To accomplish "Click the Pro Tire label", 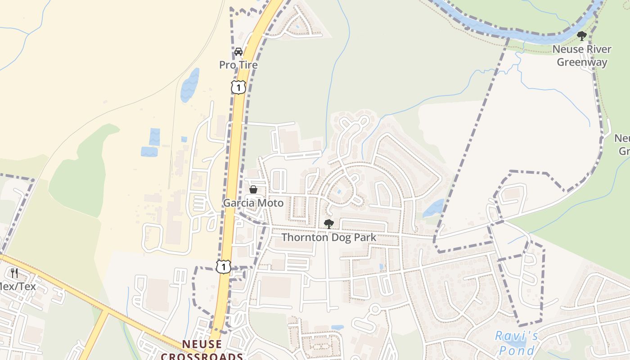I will click(238, 65).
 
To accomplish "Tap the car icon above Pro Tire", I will click(238, 52).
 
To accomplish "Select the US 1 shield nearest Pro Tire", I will click(238, 87).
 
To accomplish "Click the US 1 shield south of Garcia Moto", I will click(223, 266).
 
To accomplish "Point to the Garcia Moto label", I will click(253, 203).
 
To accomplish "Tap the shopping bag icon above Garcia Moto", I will click(253, 189).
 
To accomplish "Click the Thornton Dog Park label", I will click(328, 237).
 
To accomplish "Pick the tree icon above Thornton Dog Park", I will click(329, 224).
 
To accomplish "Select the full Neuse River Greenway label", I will click(582, 56).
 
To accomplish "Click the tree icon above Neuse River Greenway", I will click(582, 36).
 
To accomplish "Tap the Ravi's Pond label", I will click(516, 343).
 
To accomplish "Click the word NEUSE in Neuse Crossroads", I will click(202, 344).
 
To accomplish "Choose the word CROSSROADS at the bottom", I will click(202, 356).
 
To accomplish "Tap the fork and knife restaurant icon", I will click(14, 273).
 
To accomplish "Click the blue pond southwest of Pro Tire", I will click(189, 85).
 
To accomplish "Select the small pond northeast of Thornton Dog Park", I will click(433, 208).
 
